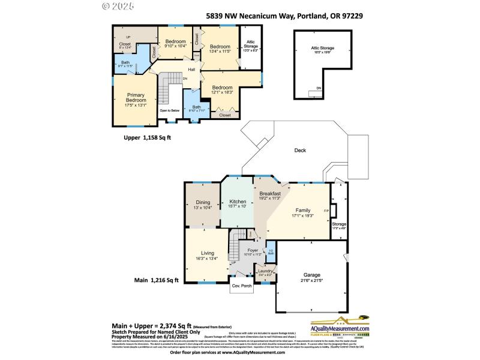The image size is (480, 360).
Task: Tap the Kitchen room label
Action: point(238,202)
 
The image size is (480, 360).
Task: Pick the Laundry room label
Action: point(265,272)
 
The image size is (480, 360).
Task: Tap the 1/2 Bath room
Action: point(271,252)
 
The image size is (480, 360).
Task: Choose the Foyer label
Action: point(253,250)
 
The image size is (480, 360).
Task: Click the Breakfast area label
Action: point(270,194)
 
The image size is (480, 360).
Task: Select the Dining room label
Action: point(203,203)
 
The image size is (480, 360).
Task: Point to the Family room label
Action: point(302,211)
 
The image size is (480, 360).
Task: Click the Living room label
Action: point(207,254)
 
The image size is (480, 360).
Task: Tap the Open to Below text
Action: point(170,110)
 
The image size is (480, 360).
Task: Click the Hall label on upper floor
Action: point(191,70)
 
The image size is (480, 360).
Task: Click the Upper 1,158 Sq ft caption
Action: point(147,137)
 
